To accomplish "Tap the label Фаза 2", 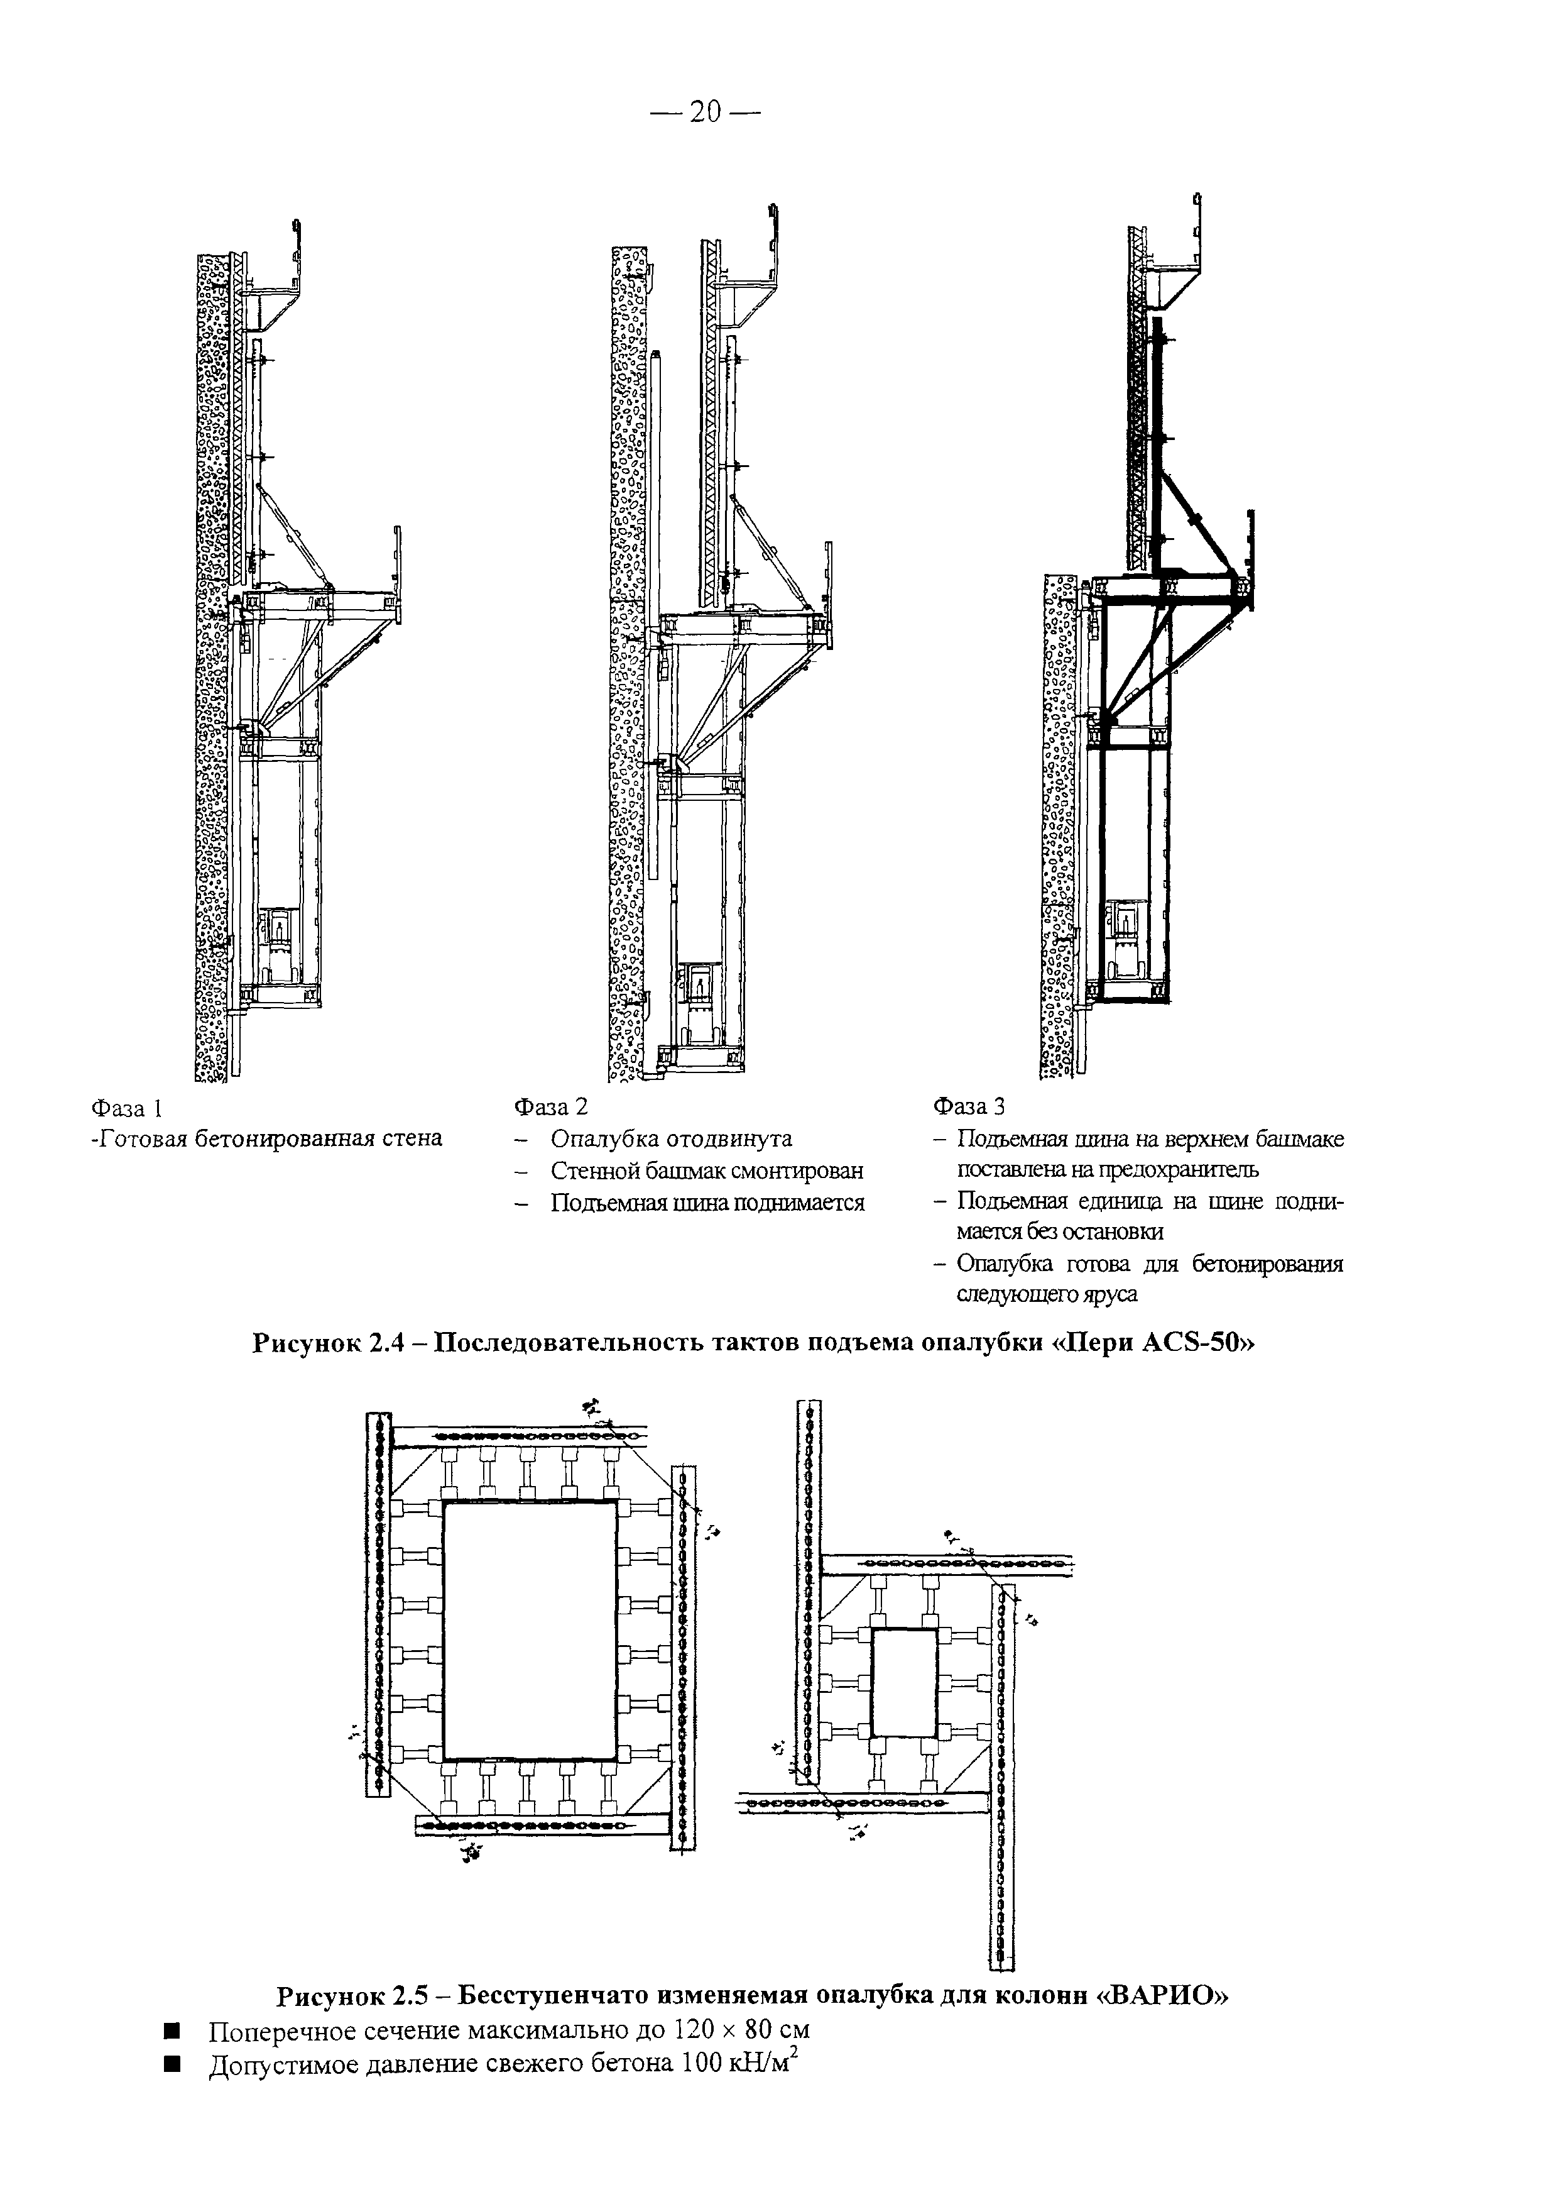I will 551,1106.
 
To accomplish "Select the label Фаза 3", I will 969,1106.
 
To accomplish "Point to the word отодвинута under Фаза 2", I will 729,1139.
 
